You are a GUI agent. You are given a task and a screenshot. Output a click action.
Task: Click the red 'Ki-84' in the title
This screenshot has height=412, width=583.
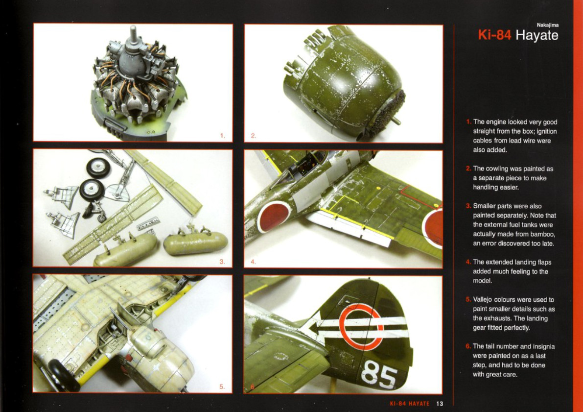click(494, 35)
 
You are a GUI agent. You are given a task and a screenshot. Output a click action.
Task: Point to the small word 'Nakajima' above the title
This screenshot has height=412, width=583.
click(548, 25)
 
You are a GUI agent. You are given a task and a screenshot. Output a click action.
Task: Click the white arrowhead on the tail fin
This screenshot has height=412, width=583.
click(315, 327)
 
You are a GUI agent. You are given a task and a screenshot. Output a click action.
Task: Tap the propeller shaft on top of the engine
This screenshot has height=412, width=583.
click(133, 33)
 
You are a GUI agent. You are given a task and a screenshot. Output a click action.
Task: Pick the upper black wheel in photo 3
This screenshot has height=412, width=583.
click(98, 168)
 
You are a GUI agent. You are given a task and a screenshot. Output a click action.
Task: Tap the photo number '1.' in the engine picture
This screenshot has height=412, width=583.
click(222, 136)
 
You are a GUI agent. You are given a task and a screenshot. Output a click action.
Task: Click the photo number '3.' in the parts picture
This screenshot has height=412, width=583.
click(222, 261)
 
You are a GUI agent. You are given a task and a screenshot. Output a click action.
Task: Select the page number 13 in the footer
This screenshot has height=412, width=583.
click(440, 404)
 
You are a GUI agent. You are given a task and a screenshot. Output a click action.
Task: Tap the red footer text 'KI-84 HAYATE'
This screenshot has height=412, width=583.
click(409, 404)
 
